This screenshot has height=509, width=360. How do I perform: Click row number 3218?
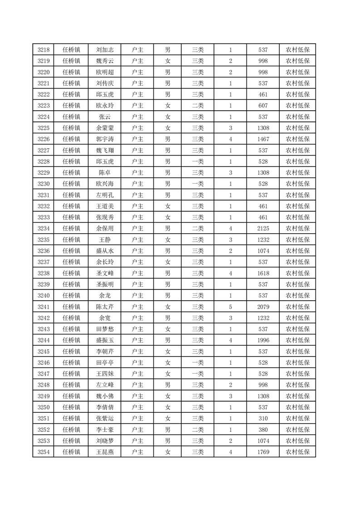point(43,50)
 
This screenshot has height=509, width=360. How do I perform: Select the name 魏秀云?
point(105,61)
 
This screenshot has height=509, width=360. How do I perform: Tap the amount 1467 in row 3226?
point(263,139)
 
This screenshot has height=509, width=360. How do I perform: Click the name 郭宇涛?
point(105,139)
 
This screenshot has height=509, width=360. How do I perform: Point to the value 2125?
point(263,228)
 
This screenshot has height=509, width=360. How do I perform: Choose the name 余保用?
point(105,228)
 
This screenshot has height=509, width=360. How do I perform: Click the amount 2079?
point(263,307)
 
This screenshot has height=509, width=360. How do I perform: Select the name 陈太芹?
point(105,307)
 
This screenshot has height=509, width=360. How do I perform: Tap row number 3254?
point(43,452)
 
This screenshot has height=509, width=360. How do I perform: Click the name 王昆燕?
point(105,452)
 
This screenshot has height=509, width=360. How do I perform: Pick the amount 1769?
point(263,452)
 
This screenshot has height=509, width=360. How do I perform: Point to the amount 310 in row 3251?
point(263,418)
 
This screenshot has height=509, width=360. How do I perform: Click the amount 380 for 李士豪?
point(263,430)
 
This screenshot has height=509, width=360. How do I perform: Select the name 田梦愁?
point(105,329)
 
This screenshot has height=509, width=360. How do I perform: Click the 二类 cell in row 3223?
point(197,106)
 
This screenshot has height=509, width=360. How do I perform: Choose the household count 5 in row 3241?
point(231,307)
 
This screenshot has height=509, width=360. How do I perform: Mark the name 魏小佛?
point(105,396)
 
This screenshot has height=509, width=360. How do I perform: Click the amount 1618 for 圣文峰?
point(263,273)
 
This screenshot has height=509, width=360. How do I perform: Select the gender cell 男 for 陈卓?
point(168,173)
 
